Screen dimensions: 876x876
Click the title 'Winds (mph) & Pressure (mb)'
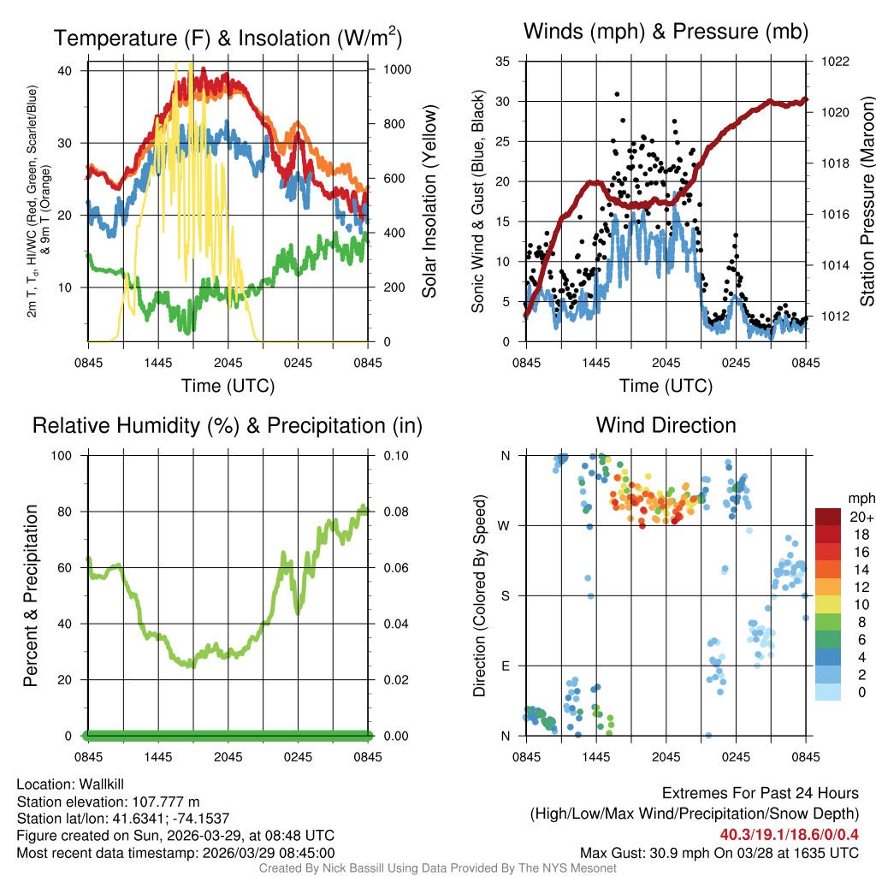click(x=666, y=32)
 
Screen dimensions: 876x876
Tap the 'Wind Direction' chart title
click(x=666, y=425)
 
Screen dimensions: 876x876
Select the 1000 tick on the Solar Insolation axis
click(x=395, y=69)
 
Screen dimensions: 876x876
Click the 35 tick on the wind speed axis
click(x=504, y=62)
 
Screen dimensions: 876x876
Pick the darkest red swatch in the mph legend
click(x=828, y=517)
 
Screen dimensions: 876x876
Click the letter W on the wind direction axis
click(x=506, y=525)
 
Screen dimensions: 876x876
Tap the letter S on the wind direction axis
click(x=506, y=595)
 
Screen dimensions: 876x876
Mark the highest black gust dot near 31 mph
click(x=617, y=94)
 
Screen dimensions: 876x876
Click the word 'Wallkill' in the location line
click(x=101, y=785)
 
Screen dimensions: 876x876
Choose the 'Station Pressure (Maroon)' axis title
click(x=866, y=201)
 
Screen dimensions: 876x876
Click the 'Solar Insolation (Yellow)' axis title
click(x=429, y=201)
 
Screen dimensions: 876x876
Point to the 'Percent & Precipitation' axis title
click(x=32, y=595)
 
